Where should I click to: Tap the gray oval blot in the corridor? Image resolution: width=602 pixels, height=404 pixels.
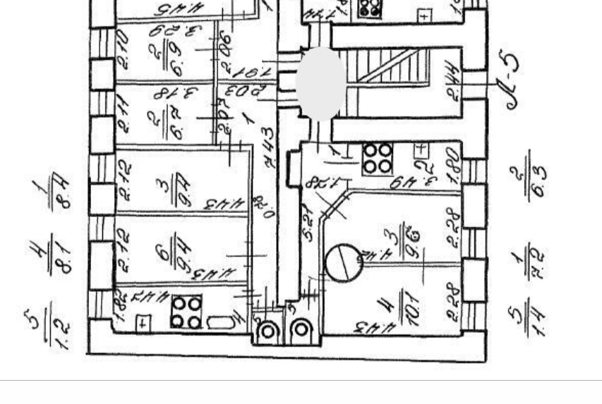[x=320, y=83]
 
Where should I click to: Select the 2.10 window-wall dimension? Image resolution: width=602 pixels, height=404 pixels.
[x=124, y=51]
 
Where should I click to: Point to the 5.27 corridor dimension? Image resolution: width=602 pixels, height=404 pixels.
[x=308, y=223]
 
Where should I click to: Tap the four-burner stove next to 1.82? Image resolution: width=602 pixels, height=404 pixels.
[x=187, y=312]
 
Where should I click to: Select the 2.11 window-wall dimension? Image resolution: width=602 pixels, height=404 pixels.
[x=124, y=116]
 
